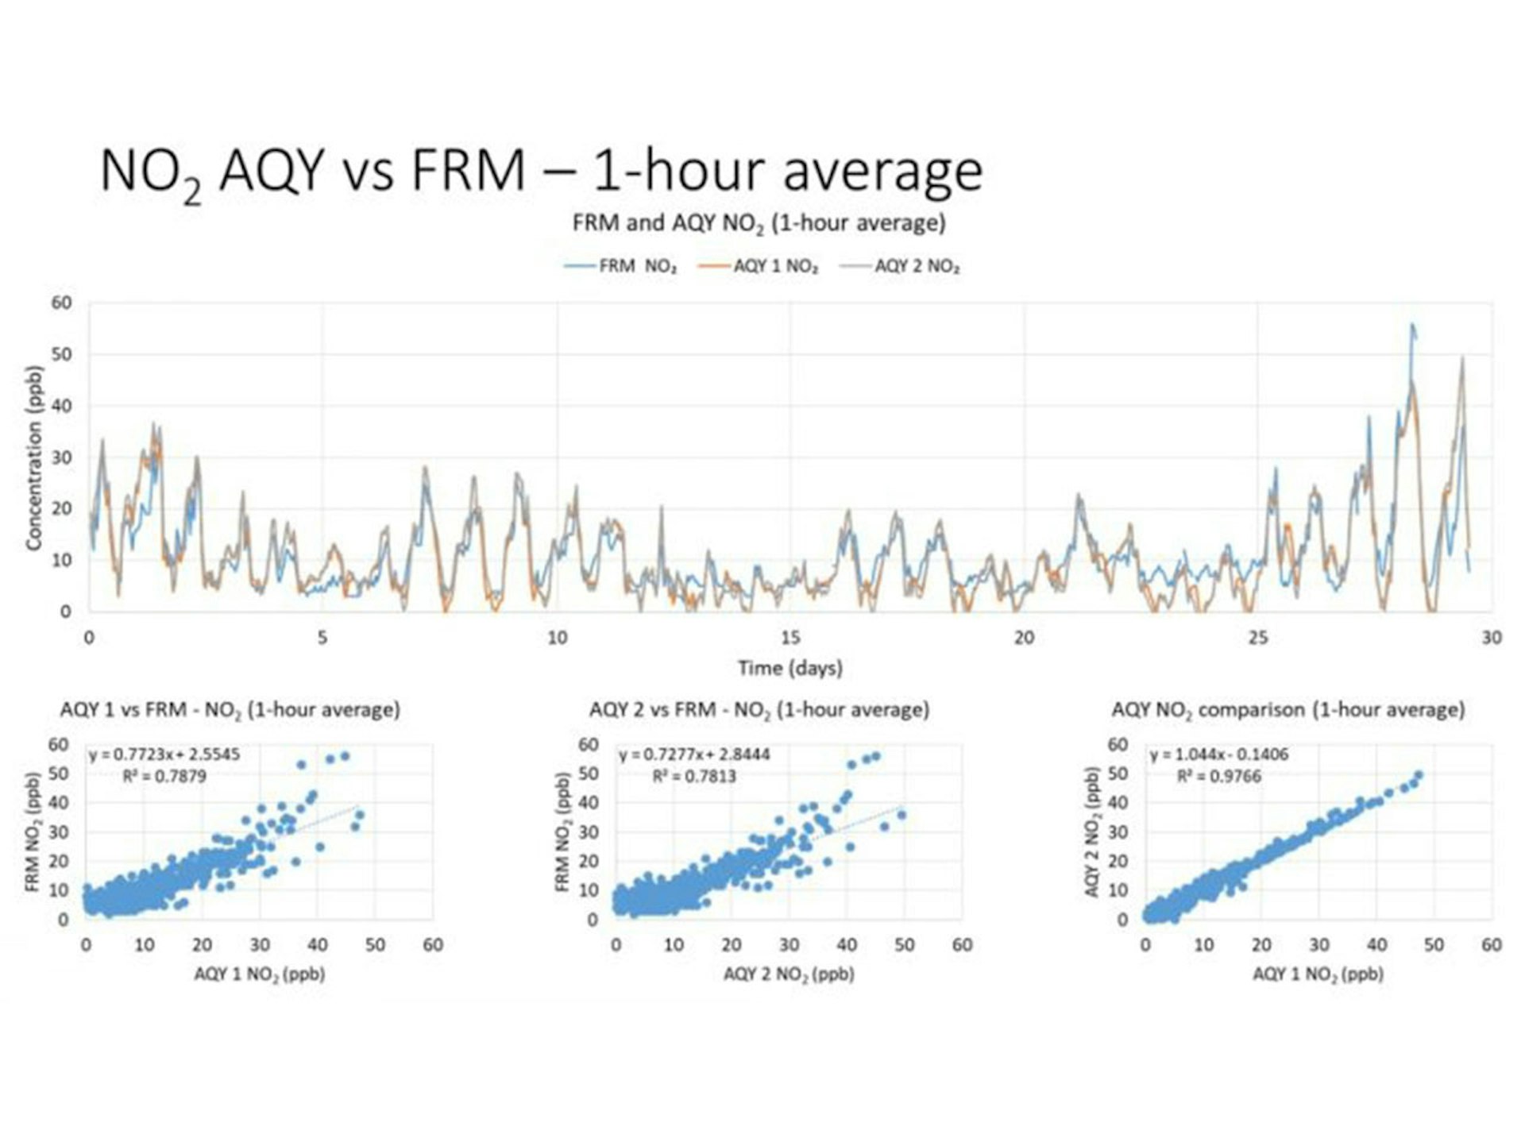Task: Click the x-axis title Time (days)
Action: coord(790,668)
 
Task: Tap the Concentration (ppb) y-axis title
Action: coord(33,457)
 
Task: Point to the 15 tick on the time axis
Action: coord(790,638)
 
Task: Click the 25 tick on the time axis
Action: coord(1257,638)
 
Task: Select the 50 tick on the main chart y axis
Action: coord(61,354)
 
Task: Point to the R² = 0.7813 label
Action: coord(693,776)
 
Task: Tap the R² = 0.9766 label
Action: coord(1218,776)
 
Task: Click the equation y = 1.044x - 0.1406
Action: coord(1218,754)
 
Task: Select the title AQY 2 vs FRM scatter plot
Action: coord(759,709)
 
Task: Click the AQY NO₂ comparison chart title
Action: coord(1288,709)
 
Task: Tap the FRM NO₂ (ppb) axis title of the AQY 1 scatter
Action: coord(33,832)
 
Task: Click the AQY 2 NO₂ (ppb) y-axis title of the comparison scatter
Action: coord(1092,832)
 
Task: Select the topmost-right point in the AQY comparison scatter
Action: coord(1419,774)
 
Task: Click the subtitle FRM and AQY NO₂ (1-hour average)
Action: coord(759,223)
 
